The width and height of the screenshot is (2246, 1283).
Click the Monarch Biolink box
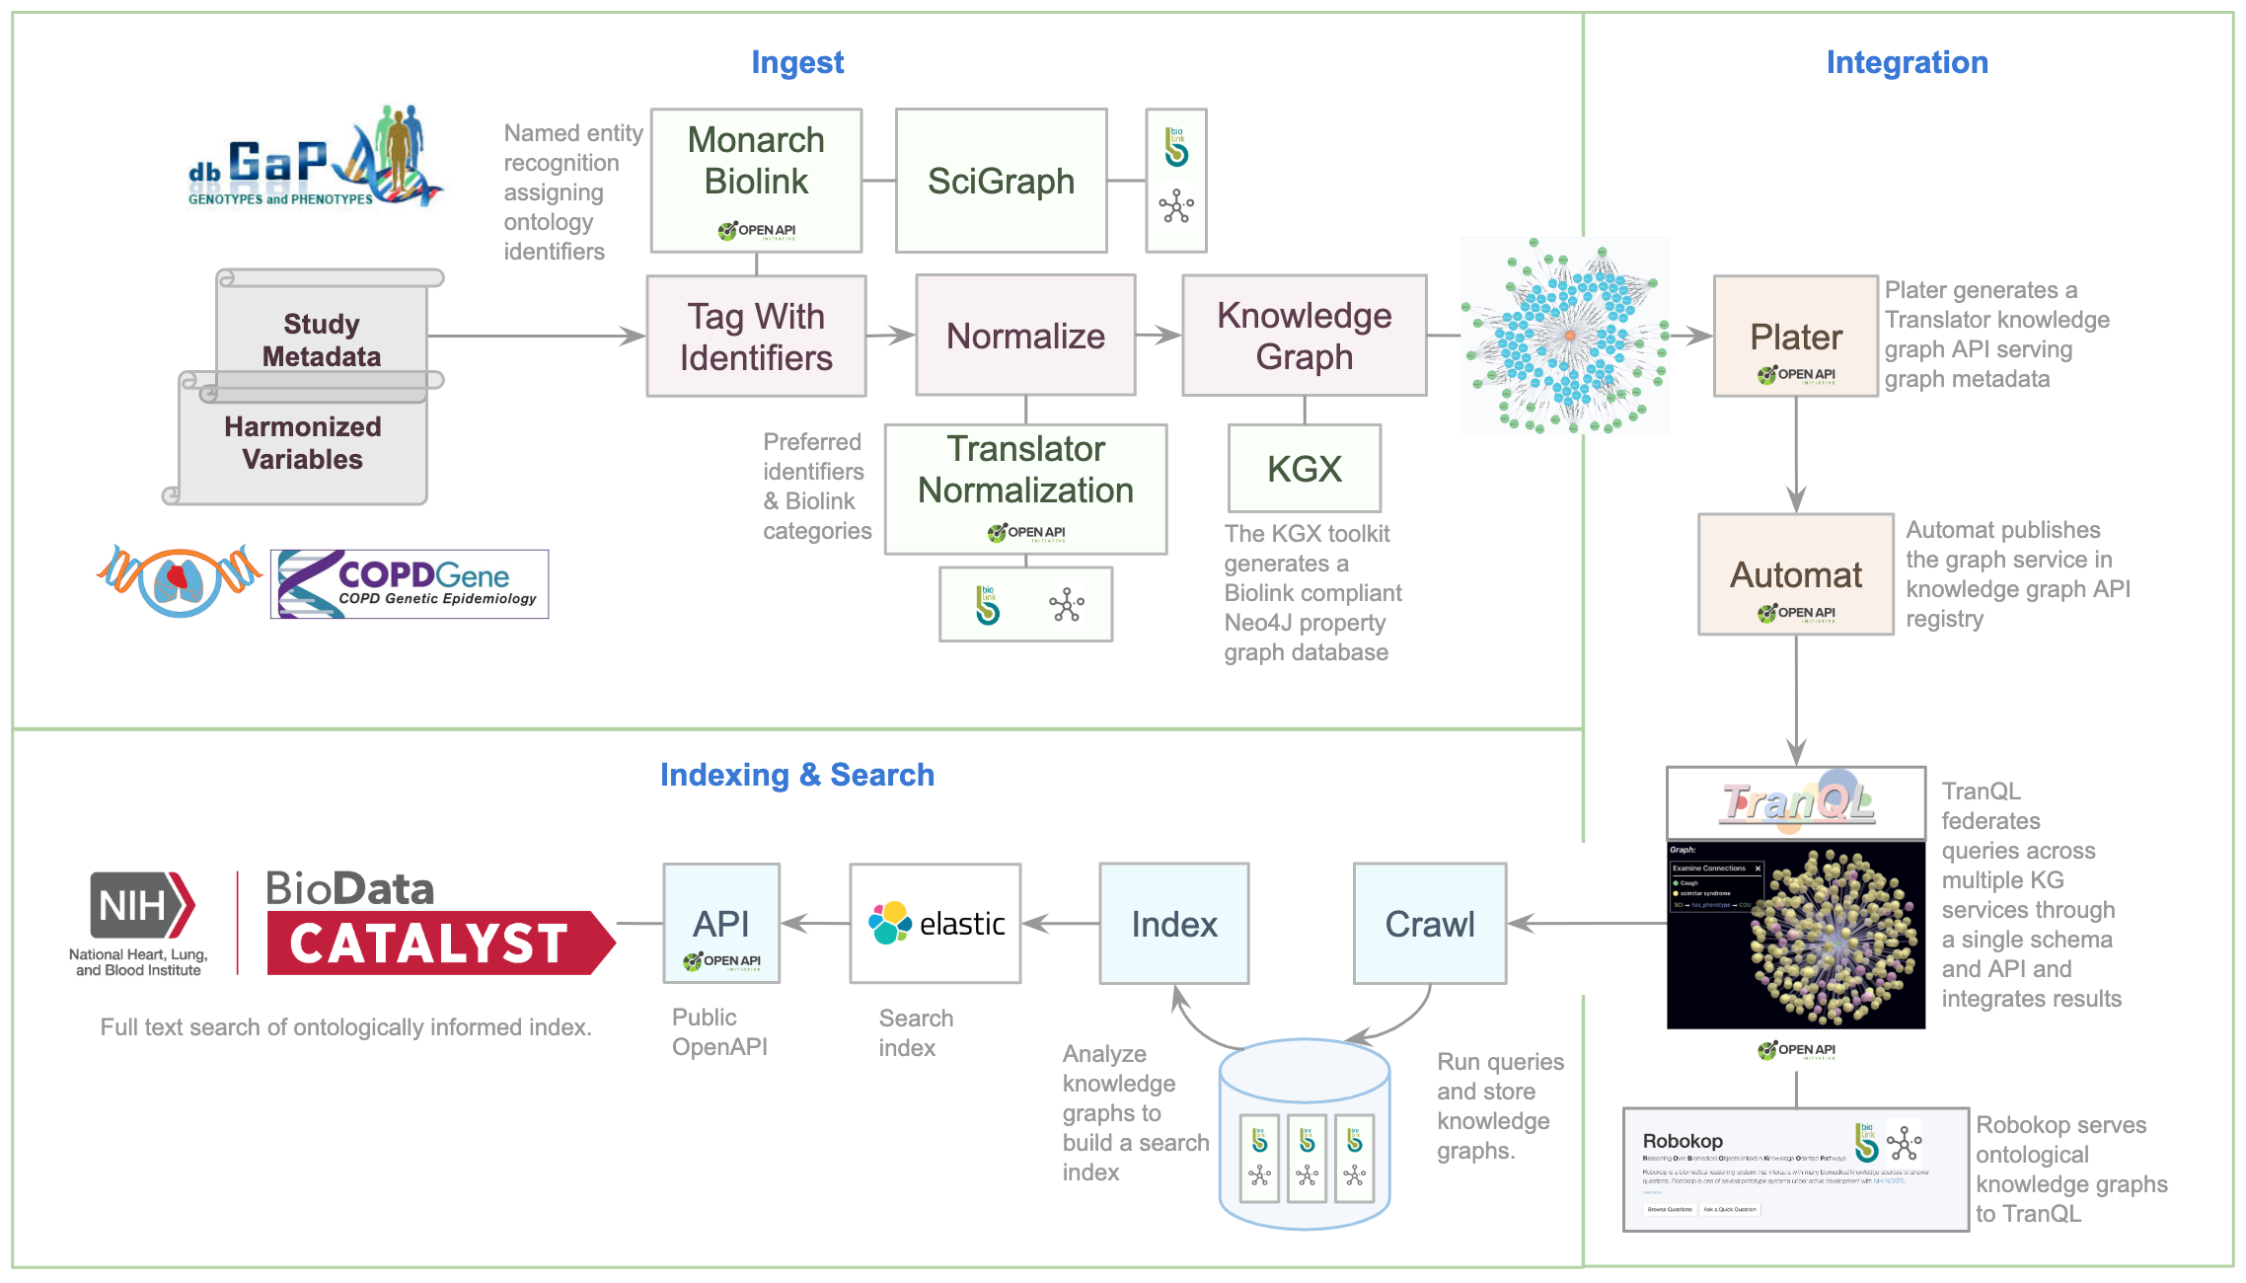click(756, 180)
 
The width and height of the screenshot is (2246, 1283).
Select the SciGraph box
click(1001, 181)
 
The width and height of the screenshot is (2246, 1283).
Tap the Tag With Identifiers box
click(756, 337)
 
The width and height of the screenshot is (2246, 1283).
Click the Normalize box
click(1025, 336)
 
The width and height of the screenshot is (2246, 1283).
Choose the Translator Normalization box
click(1025, 489)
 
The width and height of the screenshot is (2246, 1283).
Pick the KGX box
click(1304, 468)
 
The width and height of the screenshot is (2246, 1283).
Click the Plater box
click(1795, 337)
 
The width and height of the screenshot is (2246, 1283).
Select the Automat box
click(1795, 574)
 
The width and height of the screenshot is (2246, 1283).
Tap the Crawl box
click(1429, 924)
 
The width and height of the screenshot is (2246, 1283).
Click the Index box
click(1173, 924)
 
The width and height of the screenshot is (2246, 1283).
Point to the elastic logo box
click(935, 924)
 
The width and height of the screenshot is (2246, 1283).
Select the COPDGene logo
click(410, 584)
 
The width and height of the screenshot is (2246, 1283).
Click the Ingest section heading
click(797, 62)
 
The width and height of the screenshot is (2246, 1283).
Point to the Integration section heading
click(1907, 62)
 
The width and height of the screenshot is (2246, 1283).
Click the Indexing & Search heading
click(796, 775)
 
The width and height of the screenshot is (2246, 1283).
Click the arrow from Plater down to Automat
click(1796, 454)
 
